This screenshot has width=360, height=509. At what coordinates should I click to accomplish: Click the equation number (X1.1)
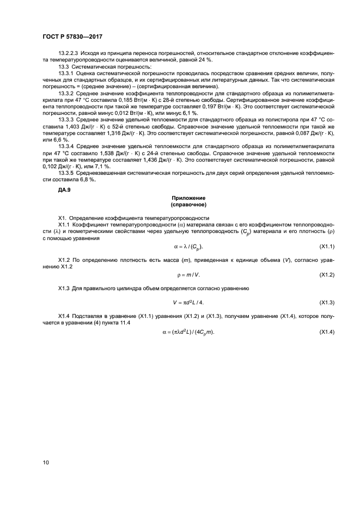click(x=326, y=247)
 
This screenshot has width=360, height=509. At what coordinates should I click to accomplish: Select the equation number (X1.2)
click(x=326, y=275)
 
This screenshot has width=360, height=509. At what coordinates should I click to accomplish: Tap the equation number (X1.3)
click(x=326, y=302)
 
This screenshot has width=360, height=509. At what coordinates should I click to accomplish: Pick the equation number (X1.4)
click(x=326, y=332)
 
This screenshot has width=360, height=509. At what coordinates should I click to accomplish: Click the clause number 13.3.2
click(x=65, y=94)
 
